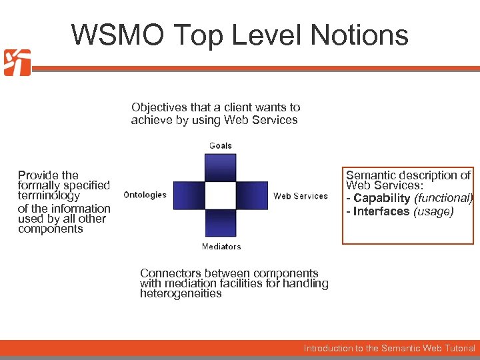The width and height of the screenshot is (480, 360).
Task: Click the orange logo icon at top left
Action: coord(17,63)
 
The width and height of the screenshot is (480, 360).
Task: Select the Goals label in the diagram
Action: coord(221,145)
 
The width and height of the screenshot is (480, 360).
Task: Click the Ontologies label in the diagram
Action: coord(145,195)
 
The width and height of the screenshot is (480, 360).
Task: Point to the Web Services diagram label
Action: coord(301,196)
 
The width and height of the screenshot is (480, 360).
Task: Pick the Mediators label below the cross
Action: coord(221,247)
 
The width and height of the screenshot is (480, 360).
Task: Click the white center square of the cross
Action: coord(221,195)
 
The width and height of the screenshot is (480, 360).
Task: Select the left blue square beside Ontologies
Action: coord(189,195)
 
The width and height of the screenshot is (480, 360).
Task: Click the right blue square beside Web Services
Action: coord(253,195)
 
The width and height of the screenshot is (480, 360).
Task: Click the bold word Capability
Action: coord(382,199)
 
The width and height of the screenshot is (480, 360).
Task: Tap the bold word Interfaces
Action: coord(381,211)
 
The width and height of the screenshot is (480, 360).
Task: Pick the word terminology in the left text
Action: coord(49,196)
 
